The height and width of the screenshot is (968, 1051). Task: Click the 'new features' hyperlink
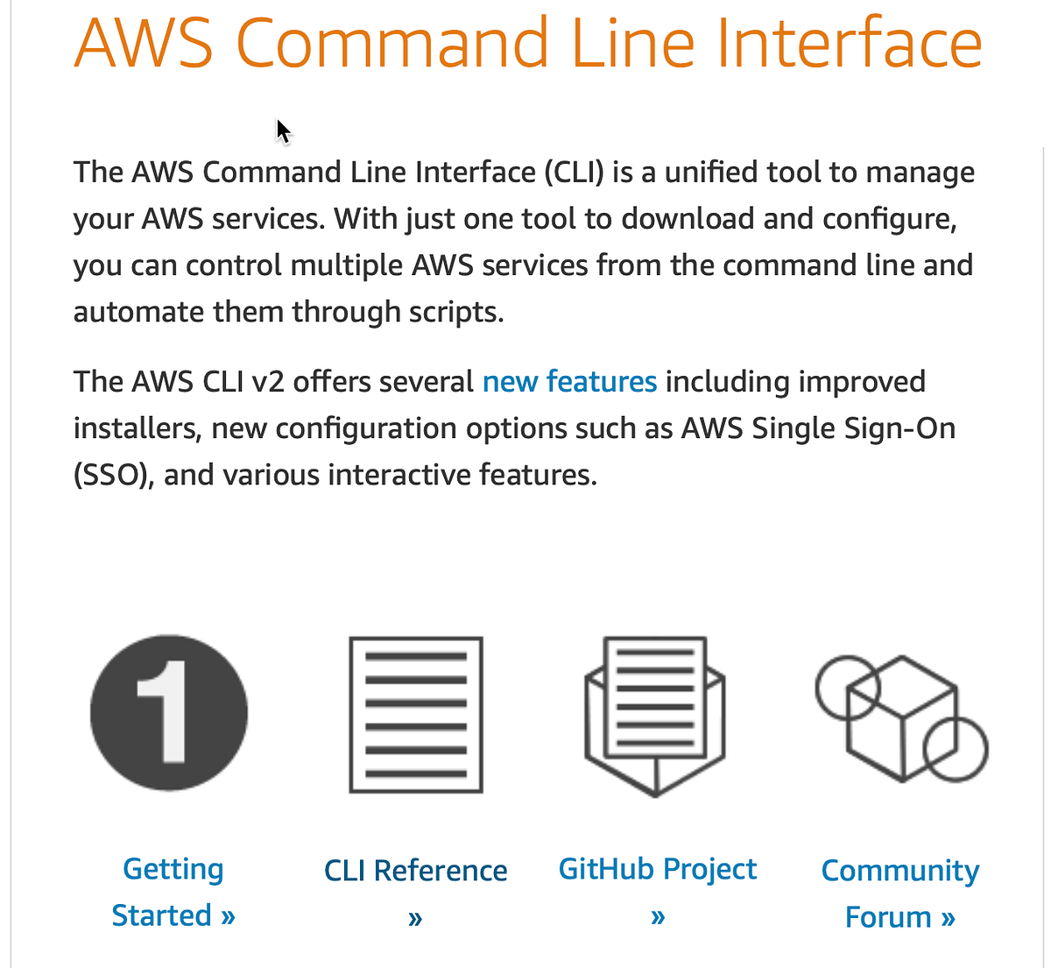tap(569, 382)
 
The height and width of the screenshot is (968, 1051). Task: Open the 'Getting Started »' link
tap(173, 892)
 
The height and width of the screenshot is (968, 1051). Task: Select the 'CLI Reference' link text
tap(415, 871)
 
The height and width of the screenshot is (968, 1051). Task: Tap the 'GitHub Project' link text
tap(658, 869)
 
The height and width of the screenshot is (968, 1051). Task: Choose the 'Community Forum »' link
tap(899, 894)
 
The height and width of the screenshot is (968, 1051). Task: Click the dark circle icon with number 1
tap(169, 713)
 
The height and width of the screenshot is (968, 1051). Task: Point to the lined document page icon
tap(416, 715)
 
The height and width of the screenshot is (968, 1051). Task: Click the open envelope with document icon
tap(655, 715)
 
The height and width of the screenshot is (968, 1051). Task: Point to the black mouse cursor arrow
tap(282, 131)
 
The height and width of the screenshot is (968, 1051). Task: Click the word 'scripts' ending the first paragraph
tap(455, 312)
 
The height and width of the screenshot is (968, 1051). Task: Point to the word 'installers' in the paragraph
tap(138, 429)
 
